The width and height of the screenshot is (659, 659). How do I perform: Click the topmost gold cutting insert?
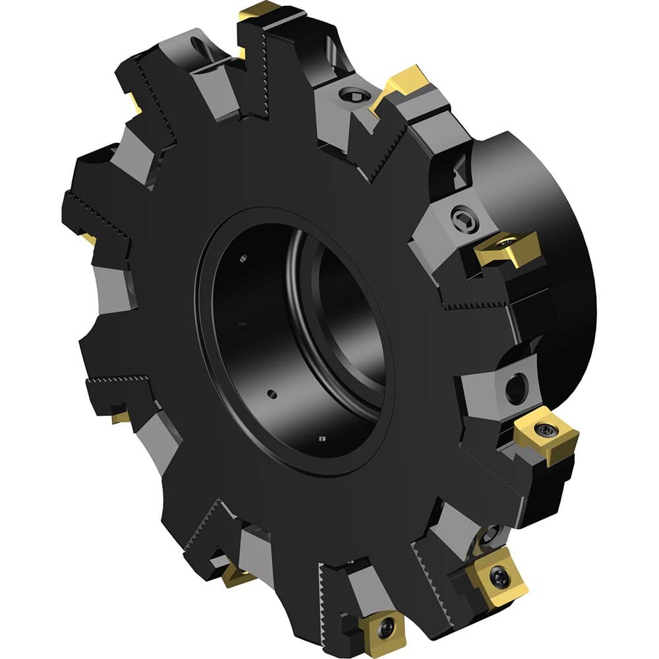(x=260, y=11)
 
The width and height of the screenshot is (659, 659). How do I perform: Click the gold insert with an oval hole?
(x=506, y=247)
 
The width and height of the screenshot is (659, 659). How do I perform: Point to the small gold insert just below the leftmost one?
(x=120, y=416)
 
